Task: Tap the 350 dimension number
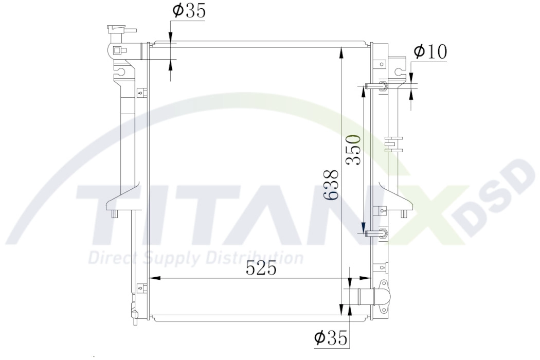tap(353, 149)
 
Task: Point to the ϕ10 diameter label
tap(430, 51)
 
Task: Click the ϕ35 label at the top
tap(188, 11)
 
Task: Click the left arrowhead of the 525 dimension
tap(152, 279)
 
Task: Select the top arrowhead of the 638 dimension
tap(341, 50)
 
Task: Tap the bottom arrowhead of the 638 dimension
tap(341, 311)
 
